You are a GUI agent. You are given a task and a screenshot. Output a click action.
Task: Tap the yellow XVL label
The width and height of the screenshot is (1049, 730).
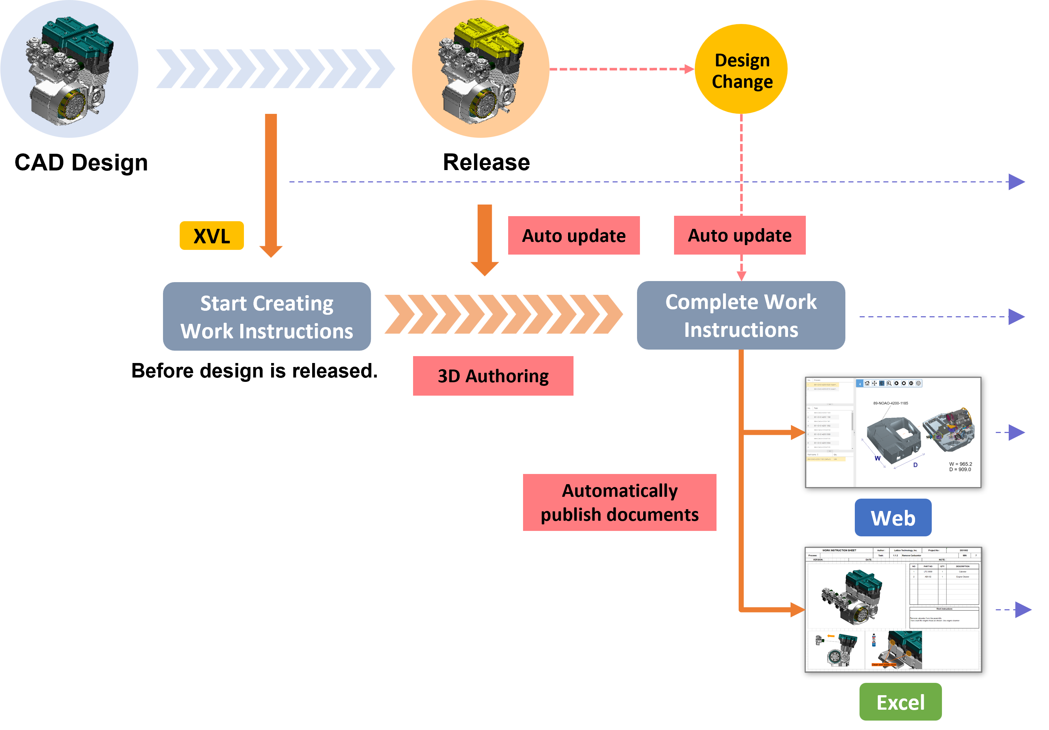pyautogui.click(x=212, y=236)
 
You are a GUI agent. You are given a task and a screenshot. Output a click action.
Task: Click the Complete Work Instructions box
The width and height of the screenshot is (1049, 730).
pyautogui.click(x=740, y=315)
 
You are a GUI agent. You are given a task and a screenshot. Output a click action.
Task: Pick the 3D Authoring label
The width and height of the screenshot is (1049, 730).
pyautogui.click(x=493, y=376)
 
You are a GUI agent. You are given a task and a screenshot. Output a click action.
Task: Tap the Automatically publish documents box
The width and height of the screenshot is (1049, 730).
pyautogui.click(x=619, y=502)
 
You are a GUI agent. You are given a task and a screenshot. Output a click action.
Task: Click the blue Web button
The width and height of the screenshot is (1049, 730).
pyautogui.click(x=893, y=518)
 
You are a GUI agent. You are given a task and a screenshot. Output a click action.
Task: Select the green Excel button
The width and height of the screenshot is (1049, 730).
pyautogui.click(x=900, y=702)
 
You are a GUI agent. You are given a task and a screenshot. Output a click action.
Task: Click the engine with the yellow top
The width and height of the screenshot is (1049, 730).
pyautogui.click(x=481, y=69)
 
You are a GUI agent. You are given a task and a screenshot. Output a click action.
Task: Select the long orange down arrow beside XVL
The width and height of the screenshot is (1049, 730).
pyautogui.click(x=271, y=183)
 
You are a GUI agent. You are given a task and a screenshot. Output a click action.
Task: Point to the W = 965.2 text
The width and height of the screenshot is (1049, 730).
pyautogui.click(x=960, y=464)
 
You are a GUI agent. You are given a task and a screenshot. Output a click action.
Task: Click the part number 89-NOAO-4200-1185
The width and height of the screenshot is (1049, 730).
pyautogui.click(x=890, y=403)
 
